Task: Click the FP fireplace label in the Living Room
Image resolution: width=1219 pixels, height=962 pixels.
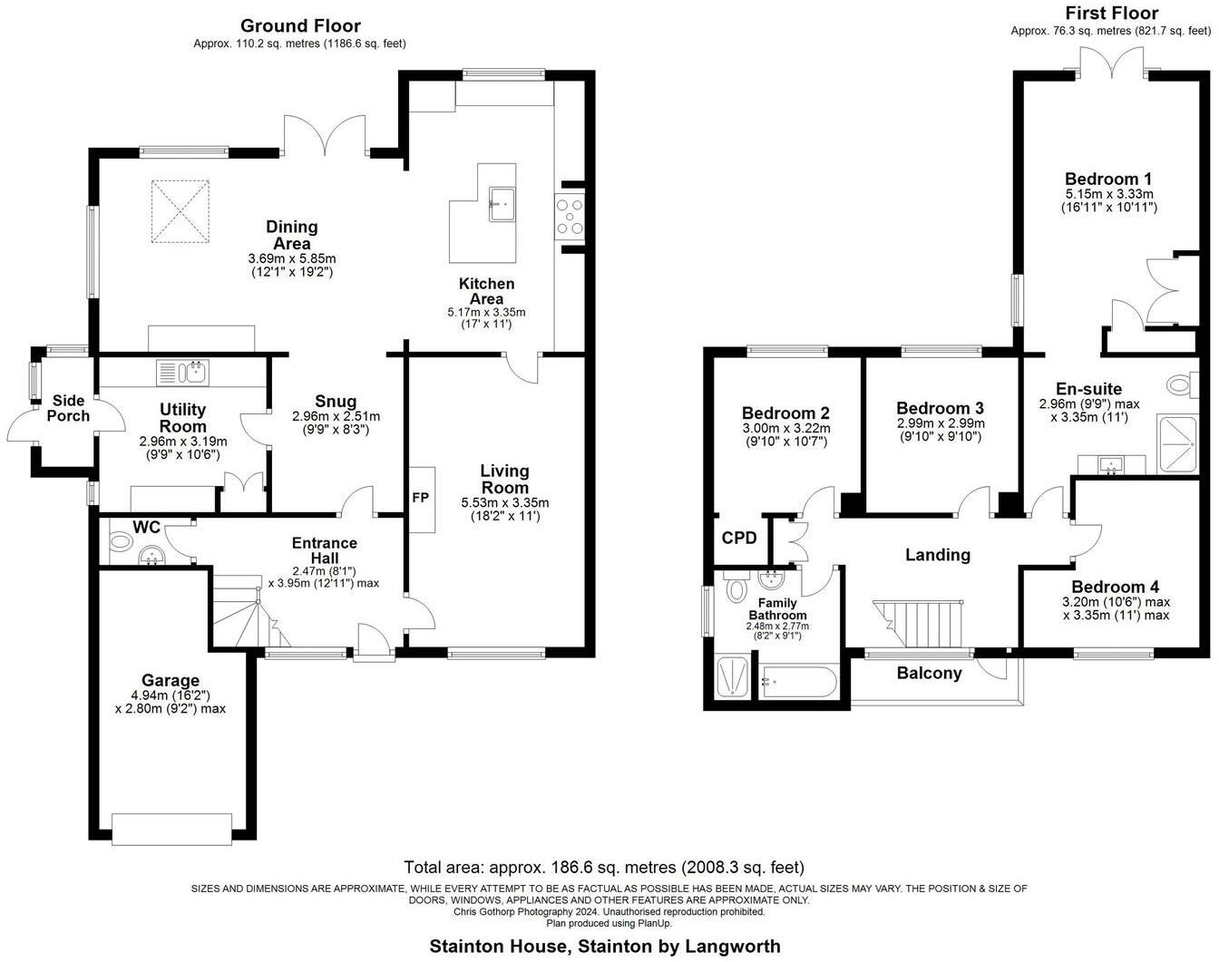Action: [x=420, y=499]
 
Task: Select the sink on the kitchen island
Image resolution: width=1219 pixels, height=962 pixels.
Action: [x=501, y=204]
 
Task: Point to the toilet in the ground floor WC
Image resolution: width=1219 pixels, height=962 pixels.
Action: [x=119, y=543]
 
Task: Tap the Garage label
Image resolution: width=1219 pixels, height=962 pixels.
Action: [x=171, y=680]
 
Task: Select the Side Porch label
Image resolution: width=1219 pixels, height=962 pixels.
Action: [x=68, y=408]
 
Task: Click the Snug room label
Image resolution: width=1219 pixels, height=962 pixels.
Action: [x=336, y=402]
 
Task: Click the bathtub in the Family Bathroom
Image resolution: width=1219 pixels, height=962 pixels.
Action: [x=798, y=682]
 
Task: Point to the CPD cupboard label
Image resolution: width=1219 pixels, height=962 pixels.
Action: [x=739, y=538]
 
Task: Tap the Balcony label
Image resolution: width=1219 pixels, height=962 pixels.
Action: [x=929, y=673]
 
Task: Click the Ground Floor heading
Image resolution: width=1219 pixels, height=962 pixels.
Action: [x=300, y=26]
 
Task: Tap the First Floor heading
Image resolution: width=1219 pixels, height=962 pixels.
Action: [x=1112, y=13]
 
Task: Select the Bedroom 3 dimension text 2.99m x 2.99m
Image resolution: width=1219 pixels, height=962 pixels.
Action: [x=941, y=423]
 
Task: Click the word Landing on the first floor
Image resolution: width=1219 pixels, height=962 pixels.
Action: [x=938, y=555]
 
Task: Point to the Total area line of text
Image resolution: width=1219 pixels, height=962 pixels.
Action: [x=603, y=867]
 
